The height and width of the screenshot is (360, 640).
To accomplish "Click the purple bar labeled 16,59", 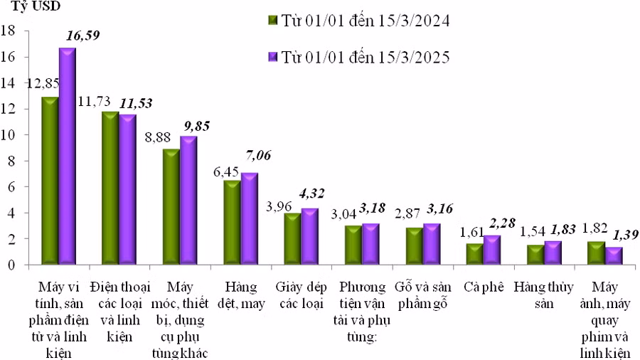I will [67, 157].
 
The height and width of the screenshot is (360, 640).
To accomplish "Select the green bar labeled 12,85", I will [50, 181].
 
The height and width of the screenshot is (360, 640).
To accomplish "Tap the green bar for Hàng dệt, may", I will [232, 222].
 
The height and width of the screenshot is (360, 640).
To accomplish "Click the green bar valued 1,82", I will [597, 253].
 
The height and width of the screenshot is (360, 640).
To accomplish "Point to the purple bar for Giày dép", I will [310, 236].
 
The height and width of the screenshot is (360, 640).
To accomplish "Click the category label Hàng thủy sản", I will [543, 295].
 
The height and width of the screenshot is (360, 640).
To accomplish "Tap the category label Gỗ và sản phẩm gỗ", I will [422, 295].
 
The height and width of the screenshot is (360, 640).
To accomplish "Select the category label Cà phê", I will [484, 287].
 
